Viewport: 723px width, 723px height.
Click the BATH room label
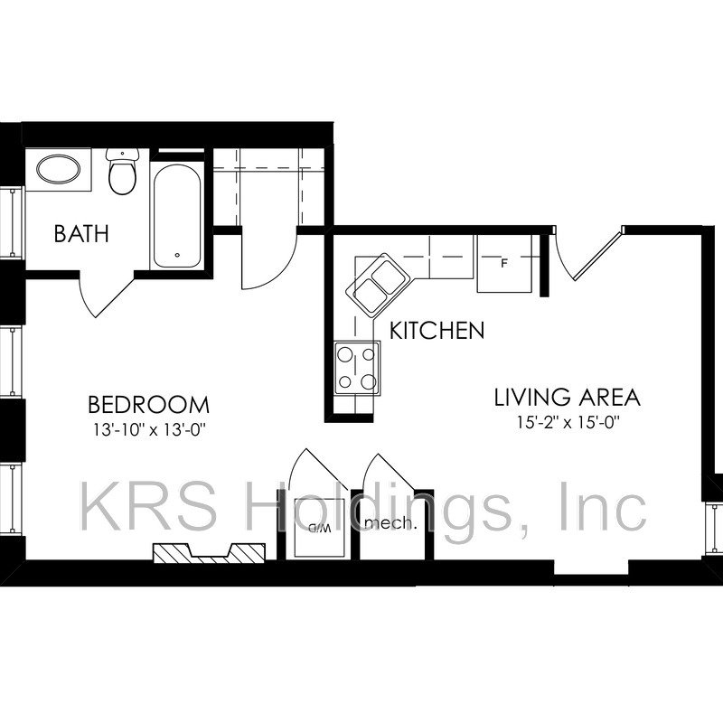click(81, 233)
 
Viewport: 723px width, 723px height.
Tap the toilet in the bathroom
click(122, 171)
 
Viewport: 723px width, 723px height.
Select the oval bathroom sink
click(58, 169)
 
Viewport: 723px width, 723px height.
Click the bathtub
click(177, 215)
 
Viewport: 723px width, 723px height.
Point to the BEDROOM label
click(148, 404)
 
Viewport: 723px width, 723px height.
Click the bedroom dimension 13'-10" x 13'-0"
click(148, 430)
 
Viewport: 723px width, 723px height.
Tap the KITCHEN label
click(437, 330)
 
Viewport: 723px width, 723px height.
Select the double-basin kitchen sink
click(379, 285)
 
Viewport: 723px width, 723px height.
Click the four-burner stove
click(357, 368)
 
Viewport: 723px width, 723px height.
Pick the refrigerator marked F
click(504, 263)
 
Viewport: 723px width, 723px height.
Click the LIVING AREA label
click(568, 398)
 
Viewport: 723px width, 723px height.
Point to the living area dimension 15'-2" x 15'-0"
click(568, 422)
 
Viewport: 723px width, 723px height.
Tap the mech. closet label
click(388, 523)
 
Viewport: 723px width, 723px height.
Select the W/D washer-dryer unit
click(319, 529)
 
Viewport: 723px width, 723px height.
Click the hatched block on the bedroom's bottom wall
click(209, 553)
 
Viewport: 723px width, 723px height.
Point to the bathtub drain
click(177, 255)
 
